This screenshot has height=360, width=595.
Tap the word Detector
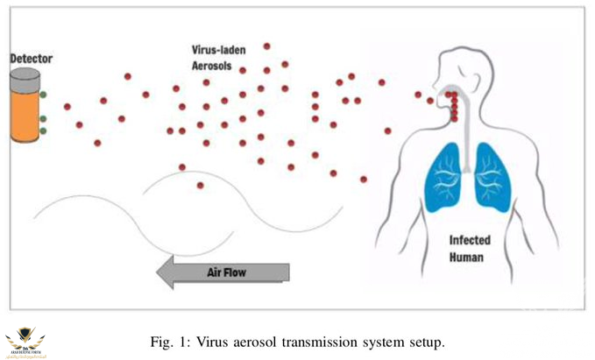(x=31, y=59)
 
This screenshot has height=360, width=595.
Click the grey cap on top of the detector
(x=25, y=78)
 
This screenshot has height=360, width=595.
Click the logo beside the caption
(x=26, y=342)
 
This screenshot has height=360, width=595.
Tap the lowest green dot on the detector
(x=42, y=131)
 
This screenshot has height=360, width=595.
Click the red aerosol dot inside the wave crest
(x=200, y=185)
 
